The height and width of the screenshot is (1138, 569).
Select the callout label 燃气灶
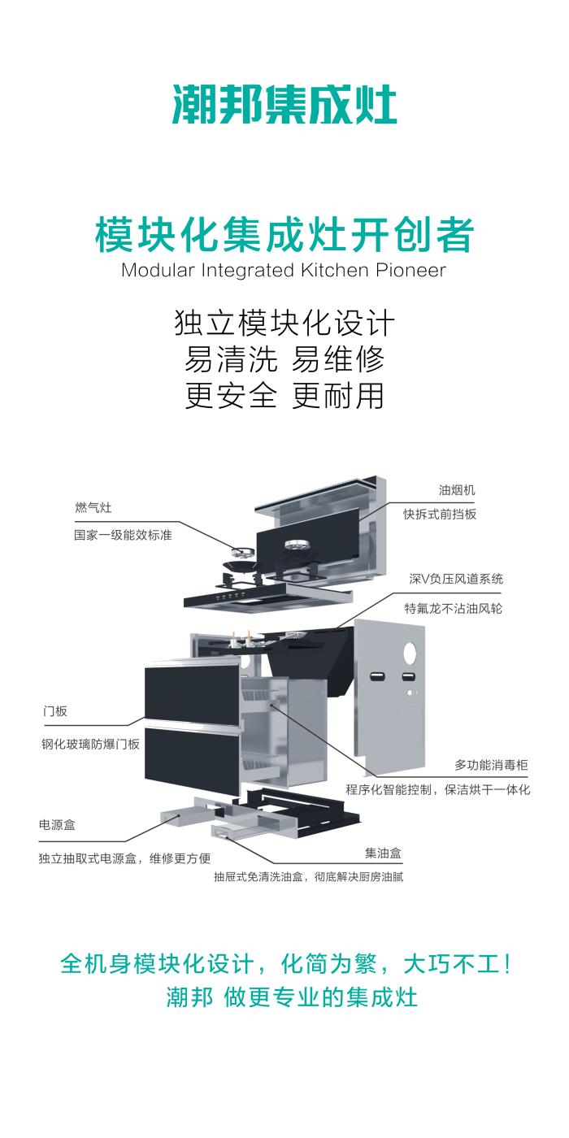(x=93, y=508)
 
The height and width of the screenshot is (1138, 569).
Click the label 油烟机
(x=457, y=490)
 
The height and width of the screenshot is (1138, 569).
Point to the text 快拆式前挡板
(x=440, y=515)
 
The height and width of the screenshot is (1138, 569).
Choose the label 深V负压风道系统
(x=456, y=580)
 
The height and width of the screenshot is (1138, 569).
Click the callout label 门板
(x=55, y=711)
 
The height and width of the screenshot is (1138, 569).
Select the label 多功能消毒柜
(x=491, y=766)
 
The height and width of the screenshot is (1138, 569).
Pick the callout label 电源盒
(x=57, y=825)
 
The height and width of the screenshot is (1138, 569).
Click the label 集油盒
(x=384, y=853)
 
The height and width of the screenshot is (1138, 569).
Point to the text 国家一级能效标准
(x=123, y=536)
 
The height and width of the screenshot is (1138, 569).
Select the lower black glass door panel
(x=193, y=760)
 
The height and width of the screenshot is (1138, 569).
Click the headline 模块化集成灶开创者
(x=284, y=235)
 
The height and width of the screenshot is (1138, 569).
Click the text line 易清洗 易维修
(x=284, y=358)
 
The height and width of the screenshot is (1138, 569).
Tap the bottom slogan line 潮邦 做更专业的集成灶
(x=292, y=997)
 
